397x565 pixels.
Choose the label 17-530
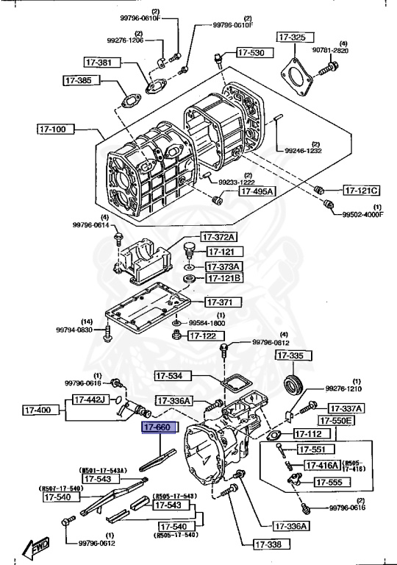pyautogui.click(x=253, y=53)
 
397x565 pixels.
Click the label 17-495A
pyautogui.click(x=257, y=191)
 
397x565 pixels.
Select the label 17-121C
pyautogui.click(x=363, y=189)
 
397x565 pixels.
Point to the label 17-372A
pyautogui.click(x=220, y=237)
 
